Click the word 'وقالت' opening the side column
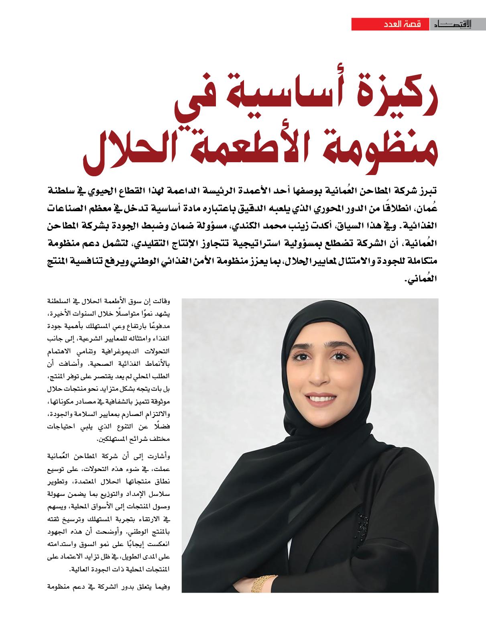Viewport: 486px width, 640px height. click(162, 301)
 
